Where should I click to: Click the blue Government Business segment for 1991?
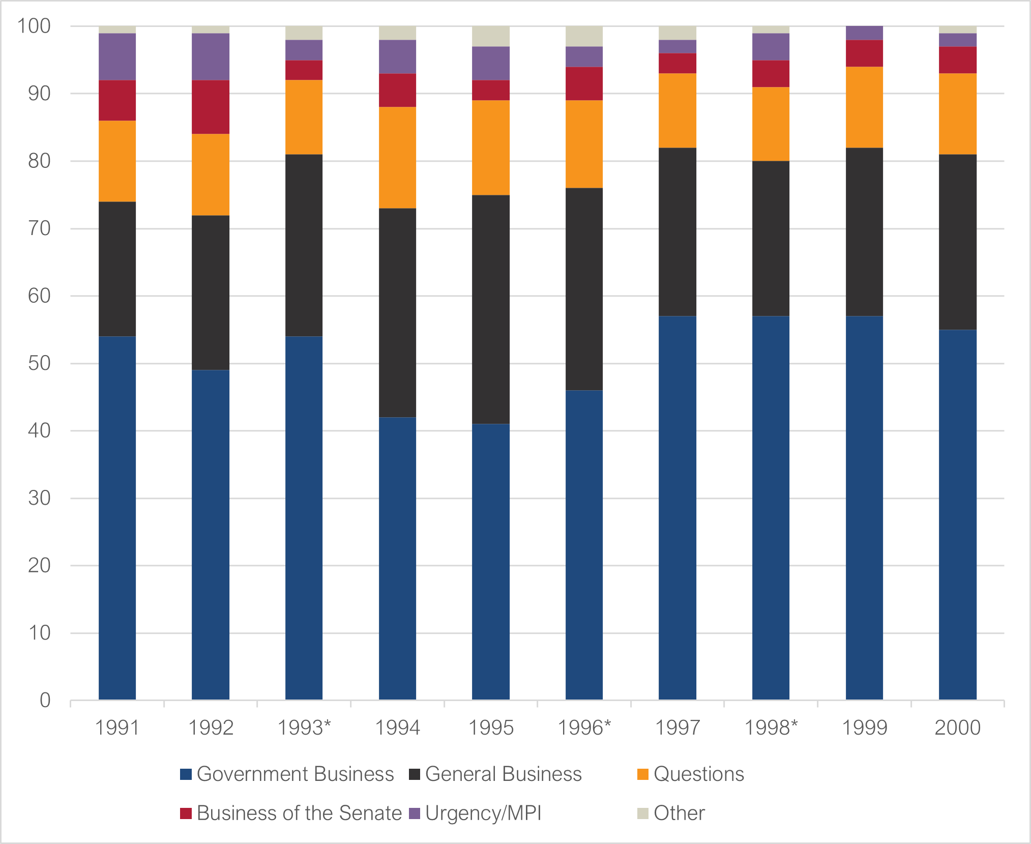click(x=117, y=518)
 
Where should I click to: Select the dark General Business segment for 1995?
click(x=491, y=309)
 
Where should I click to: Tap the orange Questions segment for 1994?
click(x=397, y=158)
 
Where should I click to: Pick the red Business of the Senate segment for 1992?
click(x=211, y=107)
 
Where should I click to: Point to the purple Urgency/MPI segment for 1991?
click(x=117, y=56)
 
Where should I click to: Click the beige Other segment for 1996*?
click(x=584, y=36)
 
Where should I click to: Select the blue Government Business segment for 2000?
click(x=958, y=515)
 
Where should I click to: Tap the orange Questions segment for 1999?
click(x=864, y=107)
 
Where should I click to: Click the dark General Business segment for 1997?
click(x=677, y=232)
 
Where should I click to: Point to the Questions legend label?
click(x=699, y=774)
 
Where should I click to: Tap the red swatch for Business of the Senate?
click(x=186, y=813)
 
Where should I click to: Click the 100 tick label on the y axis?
click(x=34, y=26)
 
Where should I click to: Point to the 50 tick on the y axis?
click(x=39, y=363)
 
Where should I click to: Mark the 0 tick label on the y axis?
click(x=45, y=701)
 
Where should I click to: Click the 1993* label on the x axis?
click(x=304, y=727)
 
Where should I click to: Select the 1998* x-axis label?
click(x=771, y=727)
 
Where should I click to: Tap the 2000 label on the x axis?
click(x=958, y=727)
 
